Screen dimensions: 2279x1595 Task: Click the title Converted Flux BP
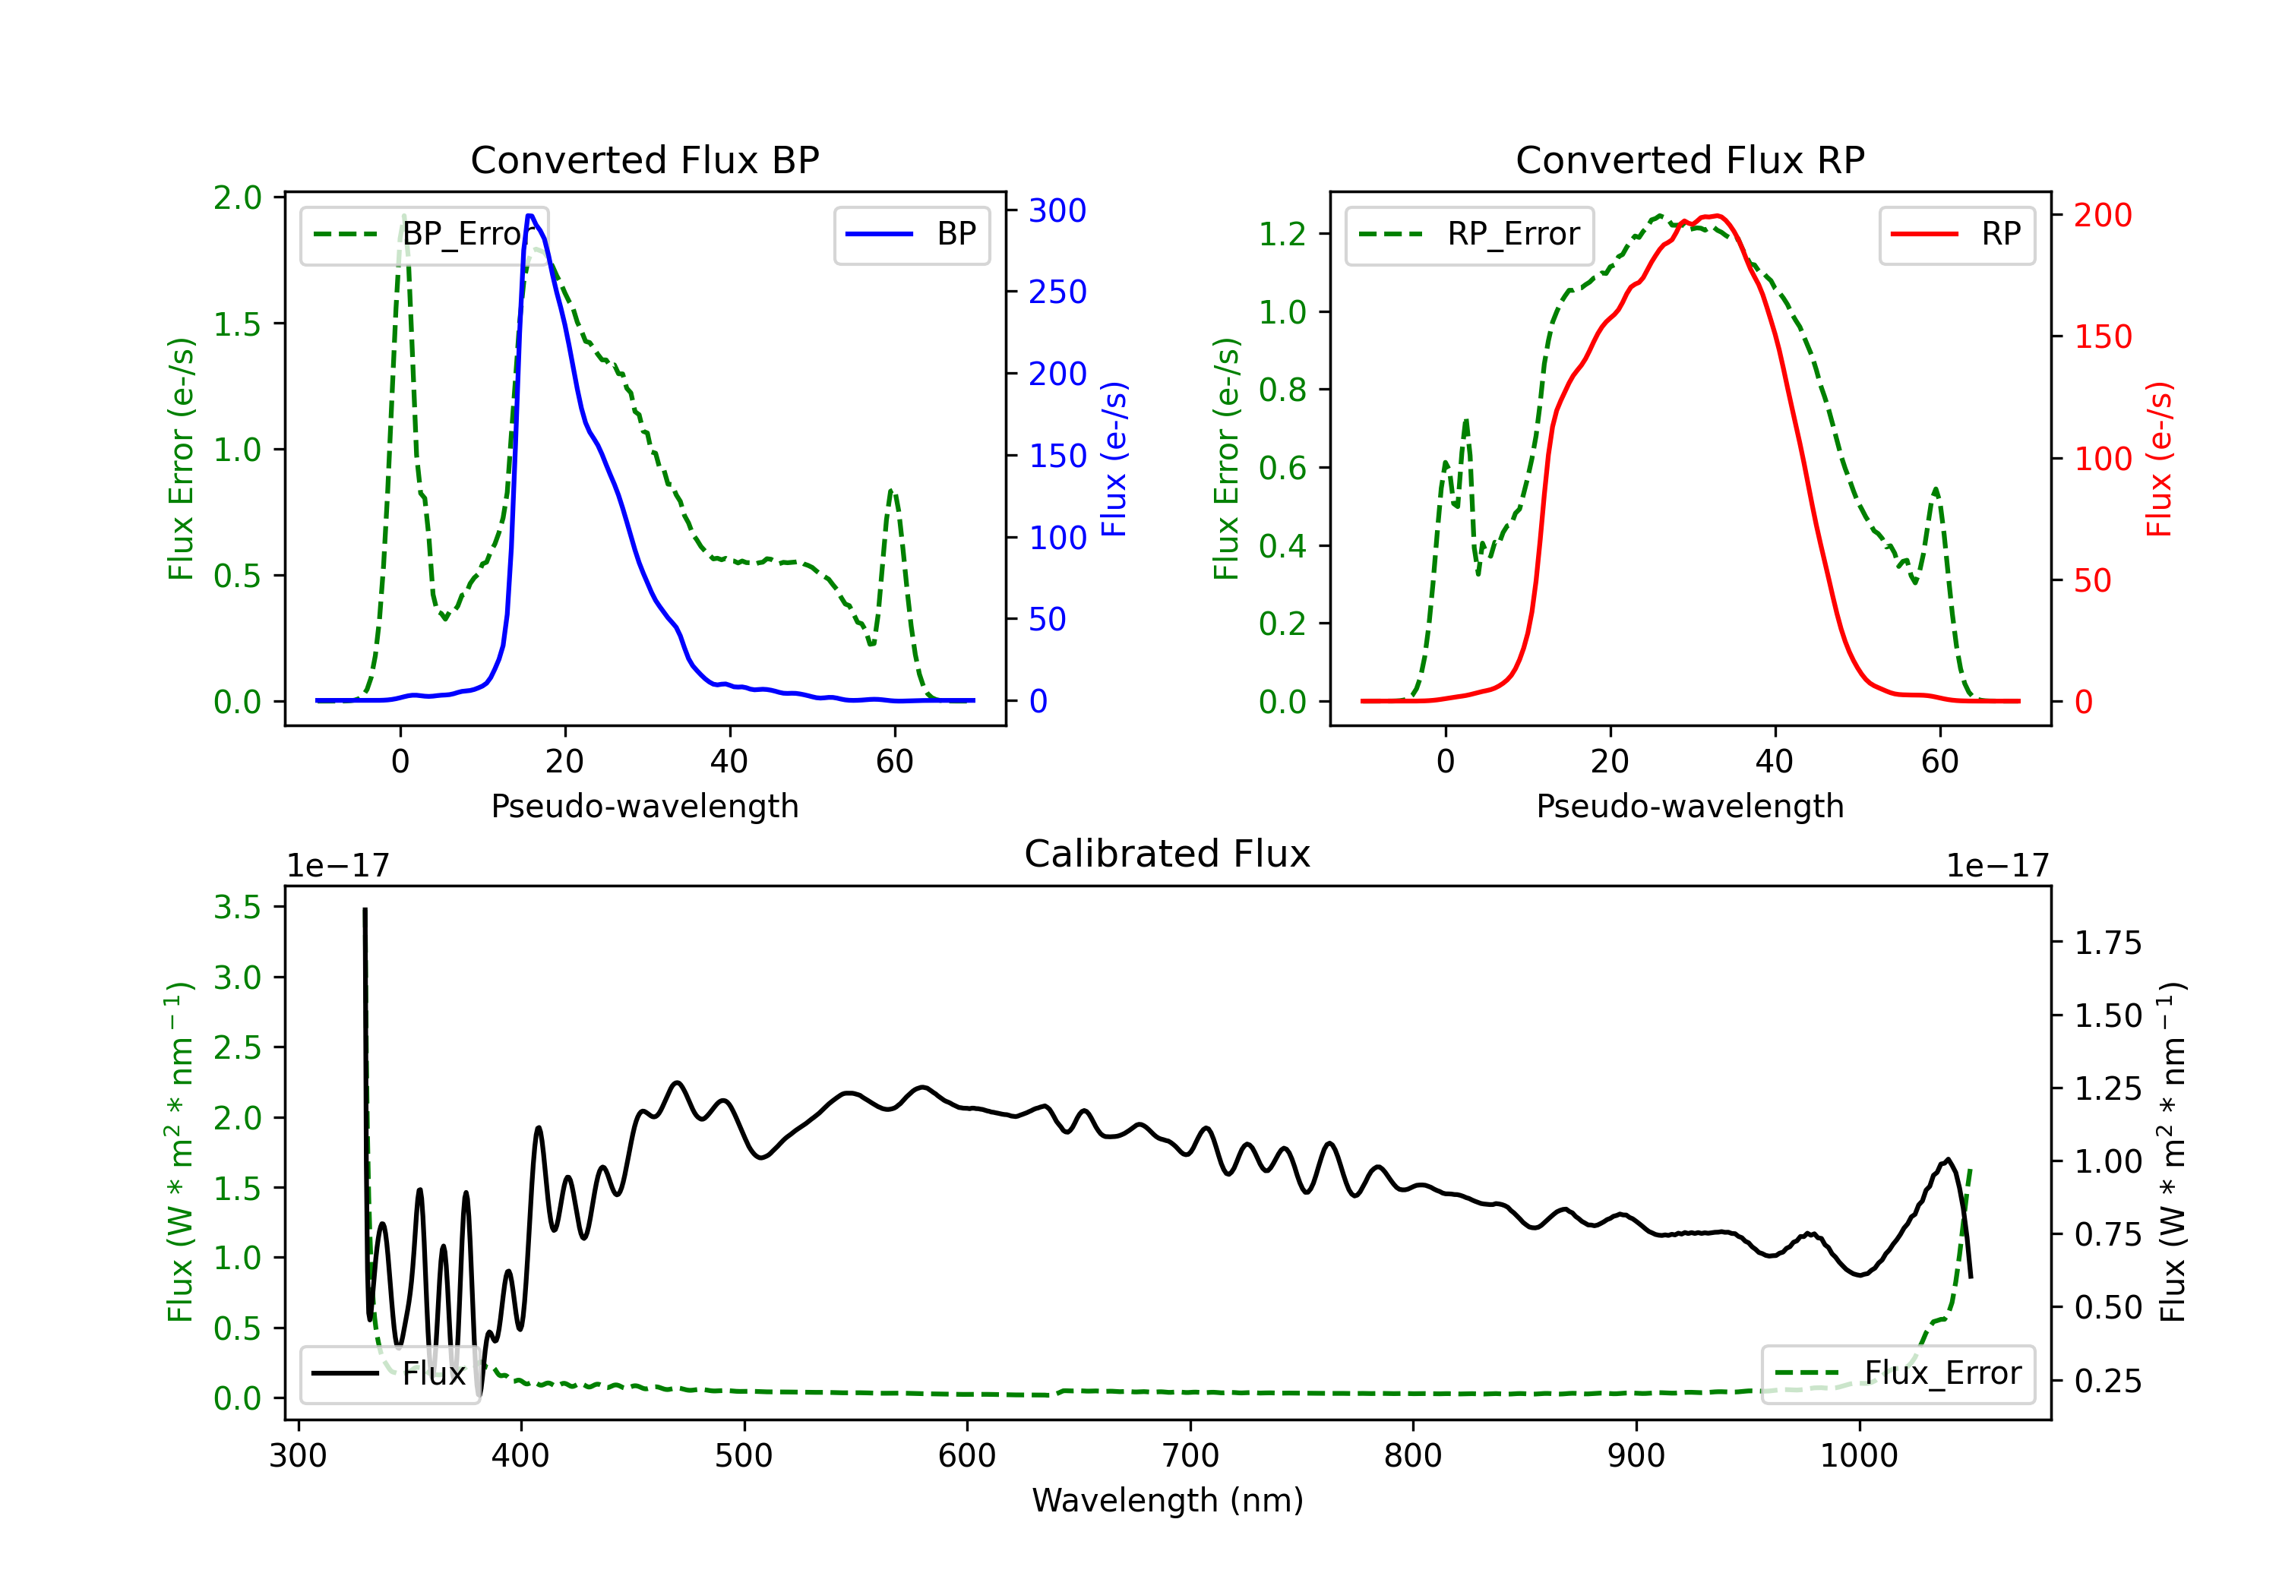644,159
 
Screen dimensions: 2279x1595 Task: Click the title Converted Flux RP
1689,159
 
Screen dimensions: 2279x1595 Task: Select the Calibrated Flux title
1168,854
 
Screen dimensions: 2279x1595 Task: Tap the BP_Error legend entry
425,234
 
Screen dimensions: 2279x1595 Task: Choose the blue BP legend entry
911,234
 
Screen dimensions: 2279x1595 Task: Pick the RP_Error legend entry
1469,234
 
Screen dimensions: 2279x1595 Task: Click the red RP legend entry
1956,234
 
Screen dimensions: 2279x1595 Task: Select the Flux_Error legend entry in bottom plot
1898,1374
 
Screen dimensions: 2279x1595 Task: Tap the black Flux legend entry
388,1374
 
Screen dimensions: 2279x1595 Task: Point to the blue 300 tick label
1057,210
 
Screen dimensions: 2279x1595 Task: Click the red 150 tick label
2102,336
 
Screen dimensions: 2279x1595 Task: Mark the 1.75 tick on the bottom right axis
2107,943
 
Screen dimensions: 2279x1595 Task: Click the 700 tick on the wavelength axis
1190,1456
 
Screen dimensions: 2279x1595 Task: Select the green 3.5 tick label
237,907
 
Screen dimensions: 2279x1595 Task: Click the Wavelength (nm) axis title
1168,1501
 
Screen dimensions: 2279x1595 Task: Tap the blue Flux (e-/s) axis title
1114,459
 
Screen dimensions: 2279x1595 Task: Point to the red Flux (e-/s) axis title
2159,459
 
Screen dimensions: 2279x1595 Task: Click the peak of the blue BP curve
530,216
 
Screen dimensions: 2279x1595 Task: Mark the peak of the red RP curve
1717,216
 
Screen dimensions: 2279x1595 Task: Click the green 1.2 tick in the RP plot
1282,234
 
